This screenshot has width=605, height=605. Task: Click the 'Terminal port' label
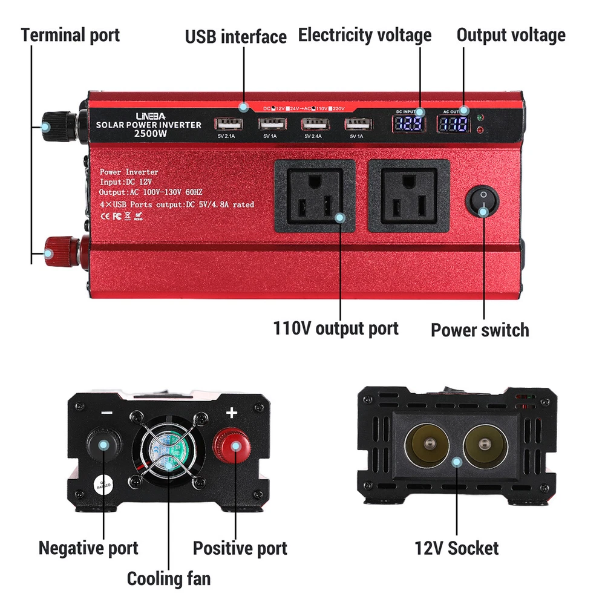coord(70,34)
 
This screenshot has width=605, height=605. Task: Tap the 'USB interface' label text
coord(235,36)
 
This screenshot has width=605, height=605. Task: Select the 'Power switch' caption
coord(479,330)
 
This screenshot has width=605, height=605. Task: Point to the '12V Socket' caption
coord(456,548)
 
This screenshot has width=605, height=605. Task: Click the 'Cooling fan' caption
coord(169,578)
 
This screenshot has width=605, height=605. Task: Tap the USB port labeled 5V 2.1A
coord(228,124)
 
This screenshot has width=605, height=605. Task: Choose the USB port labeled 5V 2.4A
coord(315,124)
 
